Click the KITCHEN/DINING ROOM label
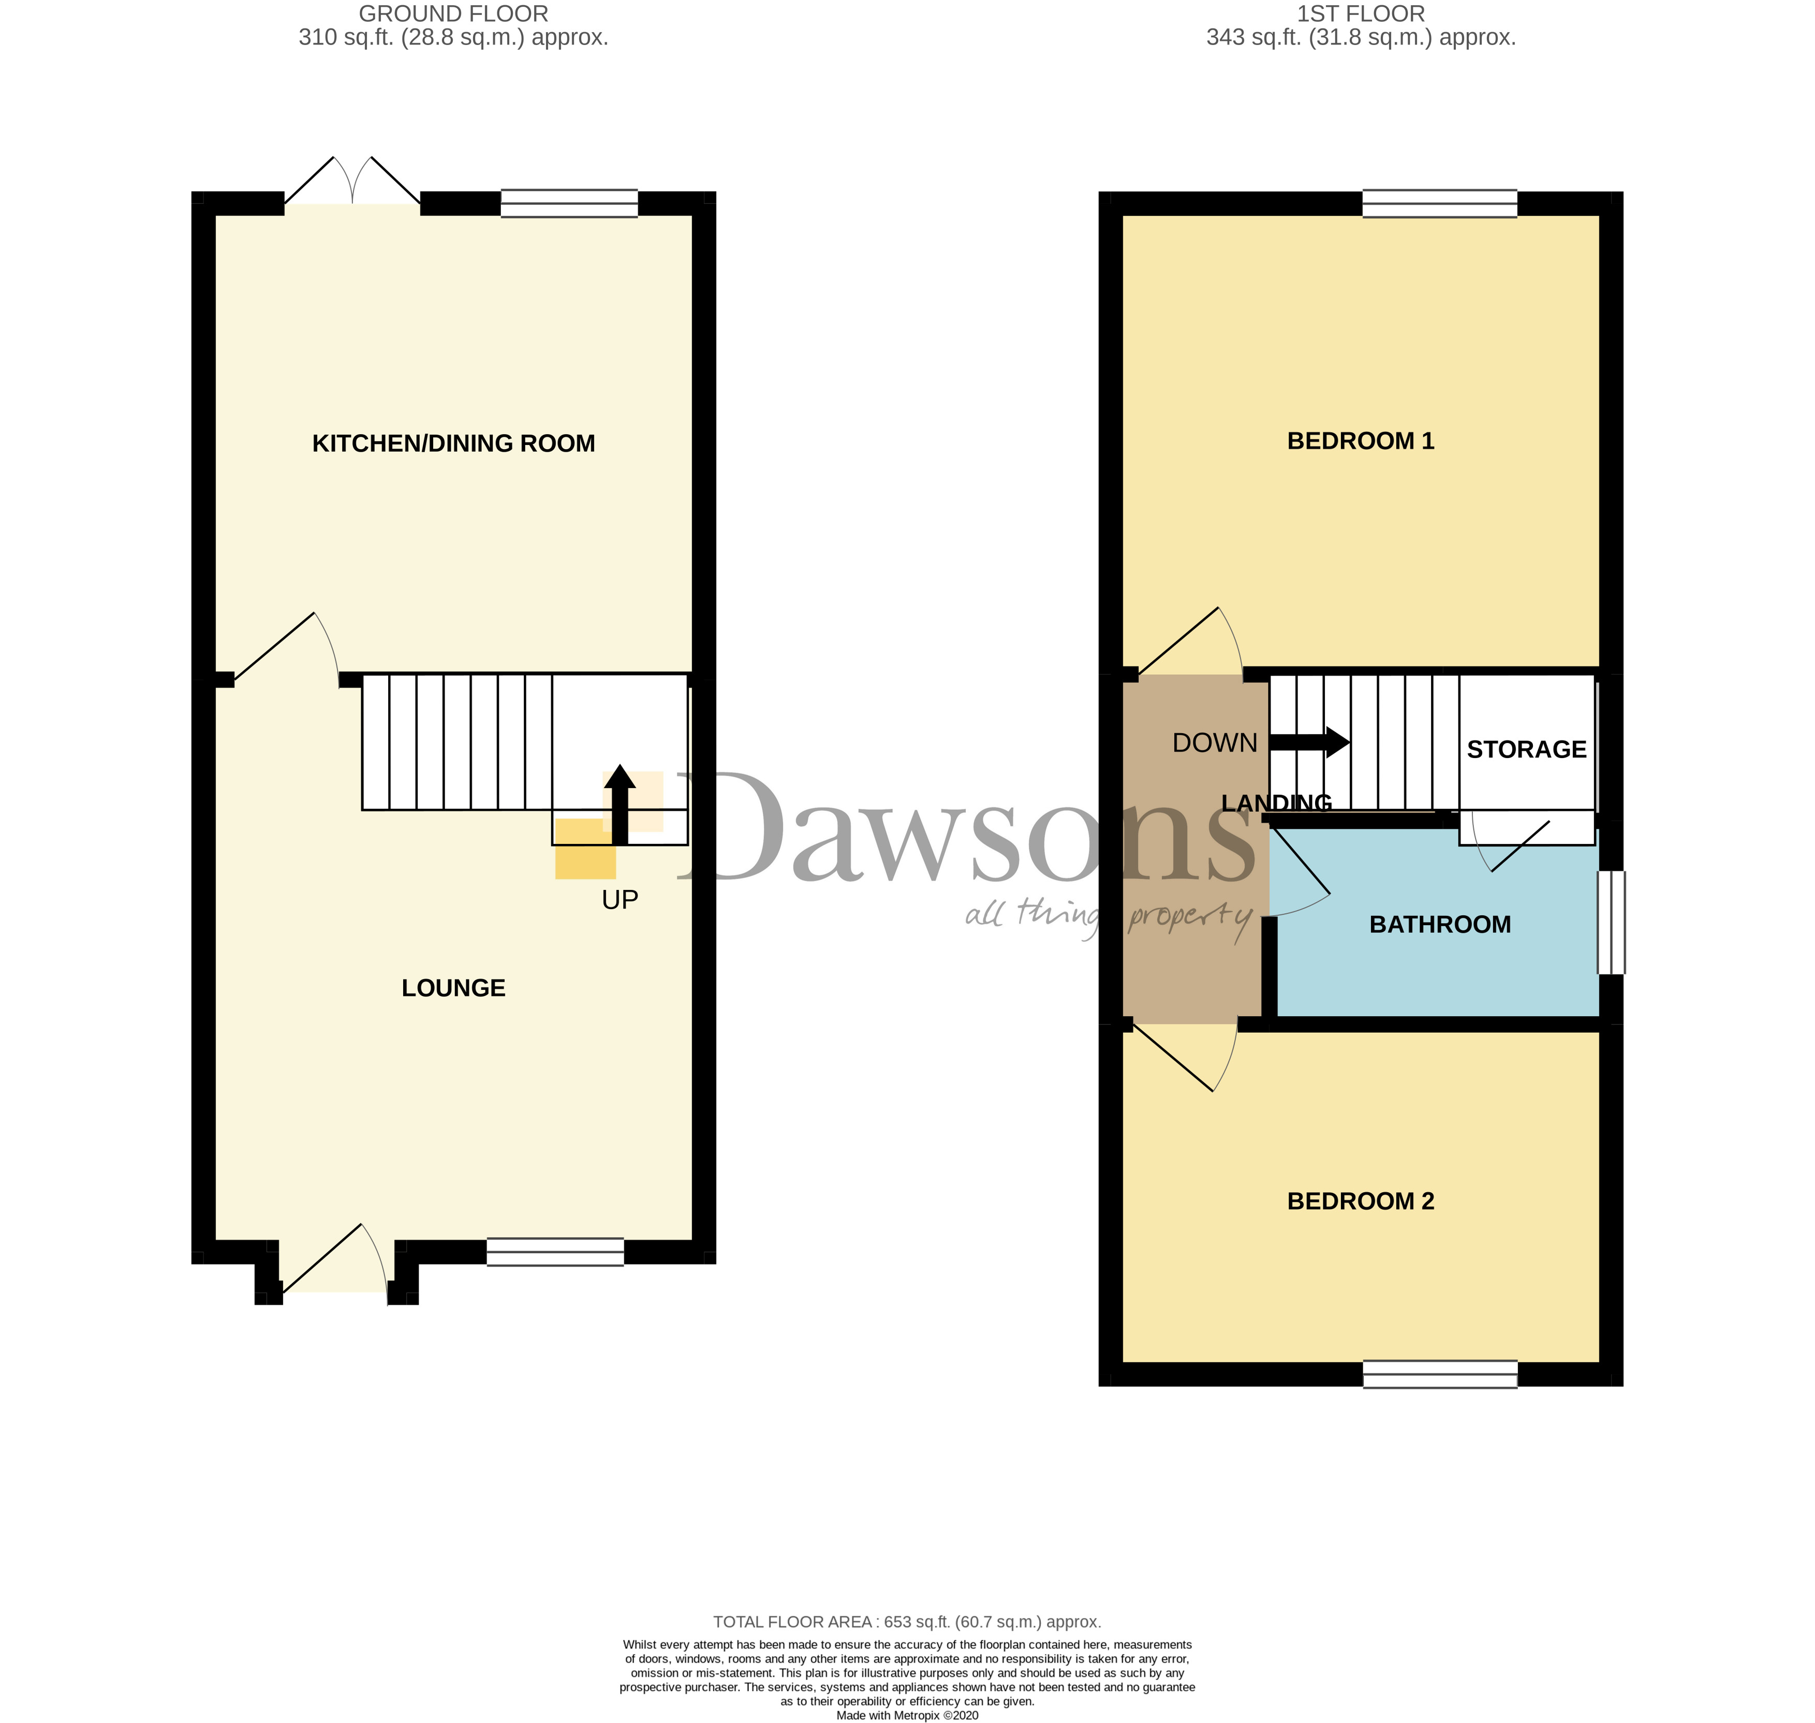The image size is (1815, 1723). (454, 443)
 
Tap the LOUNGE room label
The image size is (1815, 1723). (454, 988)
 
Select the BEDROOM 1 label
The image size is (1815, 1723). (1360, 441)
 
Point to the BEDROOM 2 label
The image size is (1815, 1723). (1360, 1201)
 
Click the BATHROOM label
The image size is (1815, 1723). (1440, 925)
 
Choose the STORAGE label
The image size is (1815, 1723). (1527, 749)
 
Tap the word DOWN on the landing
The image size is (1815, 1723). (1214, 743)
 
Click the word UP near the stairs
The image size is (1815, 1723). (620, 900)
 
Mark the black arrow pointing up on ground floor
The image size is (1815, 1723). (620, 805)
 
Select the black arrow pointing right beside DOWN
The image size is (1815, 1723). (1309, 742)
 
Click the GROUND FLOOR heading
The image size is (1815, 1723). (454, 14)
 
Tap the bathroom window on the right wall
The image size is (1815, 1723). (1611, 922)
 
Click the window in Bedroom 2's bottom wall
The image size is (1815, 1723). (1439, 1374)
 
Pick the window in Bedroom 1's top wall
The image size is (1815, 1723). (1439, 203)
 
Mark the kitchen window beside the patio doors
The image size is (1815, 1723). (569, 203)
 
